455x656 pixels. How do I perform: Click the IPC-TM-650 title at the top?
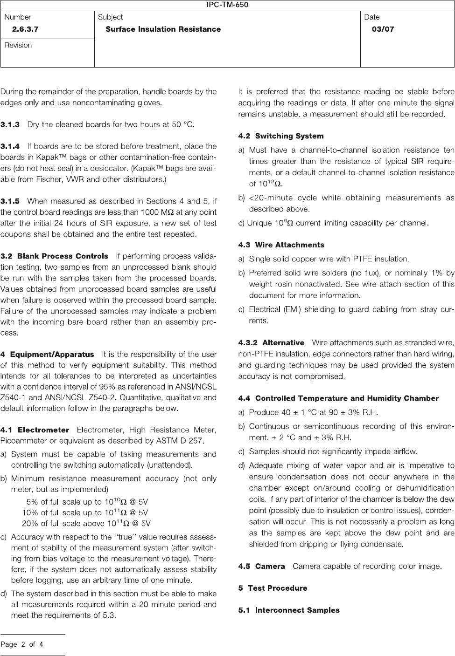click(x=227, y=5)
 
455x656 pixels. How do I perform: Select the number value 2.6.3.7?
click(x=25, y=29)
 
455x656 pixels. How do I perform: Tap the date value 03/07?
click(x=383, y=29)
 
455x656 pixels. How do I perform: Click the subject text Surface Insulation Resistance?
click(x=163, y=29)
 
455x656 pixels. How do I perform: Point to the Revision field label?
click(x=18, y=45)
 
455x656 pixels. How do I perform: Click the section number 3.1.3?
click(x=10, y=124)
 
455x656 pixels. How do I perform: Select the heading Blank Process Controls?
click(x=63, y=256)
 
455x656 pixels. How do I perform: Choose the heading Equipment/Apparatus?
click(x=52, y=354)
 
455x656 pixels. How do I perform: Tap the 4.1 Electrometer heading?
click(x=35, y=429)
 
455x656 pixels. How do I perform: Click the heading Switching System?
click(x=289, y=136)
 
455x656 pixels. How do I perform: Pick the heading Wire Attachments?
click(x=289, y=245)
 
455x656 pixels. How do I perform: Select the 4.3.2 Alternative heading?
click(x=271, y=342)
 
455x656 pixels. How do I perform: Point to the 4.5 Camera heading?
click(x=261, y=566)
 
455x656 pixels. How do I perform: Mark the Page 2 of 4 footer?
click(x=22, y=645)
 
